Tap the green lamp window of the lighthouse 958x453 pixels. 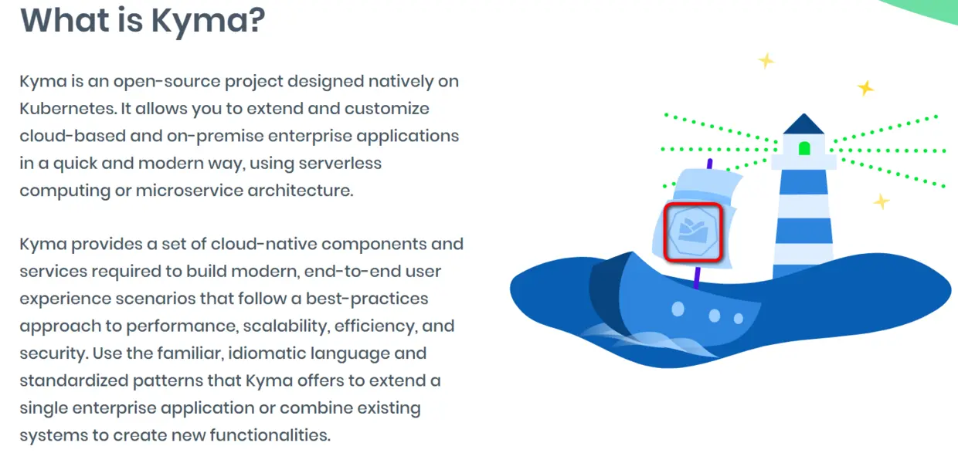point(803,147)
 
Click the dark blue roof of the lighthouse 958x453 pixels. point(803,124)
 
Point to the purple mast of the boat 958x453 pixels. point(698,276)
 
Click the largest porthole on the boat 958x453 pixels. point(678,309)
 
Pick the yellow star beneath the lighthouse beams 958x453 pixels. point(881,201)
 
